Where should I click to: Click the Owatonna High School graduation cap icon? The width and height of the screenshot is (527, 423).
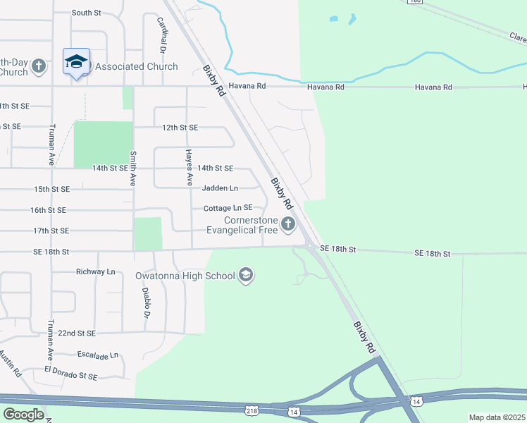tap(246, 275)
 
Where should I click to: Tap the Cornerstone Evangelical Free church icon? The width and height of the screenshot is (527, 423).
tap(287, 224)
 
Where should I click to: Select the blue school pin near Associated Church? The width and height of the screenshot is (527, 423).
tap(75, 62)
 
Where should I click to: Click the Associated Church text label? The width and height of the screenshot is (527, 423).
tap(137, 66)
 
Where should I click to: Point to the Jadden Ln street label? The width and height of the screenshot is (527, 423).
tap(220, 188)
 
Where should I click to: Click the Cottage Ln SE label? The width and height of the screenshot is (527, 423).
tap(228, 209)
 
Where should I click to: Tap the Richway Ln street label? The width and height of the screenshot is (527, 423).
tap(96, 271)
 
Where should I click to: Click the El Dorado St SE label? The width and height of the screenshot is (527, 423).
tap(70, 374)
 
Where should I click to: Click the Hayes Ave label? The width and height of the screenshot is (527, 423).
tap(188, 167)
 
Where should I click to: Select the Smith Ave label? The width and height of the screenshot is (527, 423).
tap(132, 168)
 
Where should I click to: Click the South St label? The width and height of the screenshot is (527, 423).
tap(87, 13)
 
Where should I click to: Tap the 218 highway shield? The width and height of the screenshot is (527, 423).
tap(252, 410)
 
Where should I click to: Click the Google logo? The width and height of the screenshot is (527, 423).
tap(24, 415)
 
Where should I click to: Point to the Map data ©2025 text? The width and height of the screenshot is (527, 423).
tap(497, 417)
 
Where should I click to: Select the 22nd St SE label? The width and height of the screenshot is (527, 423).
tap(76, 333)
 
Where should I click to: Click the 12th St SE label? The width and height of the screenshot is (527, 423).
tap(180, 128)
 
